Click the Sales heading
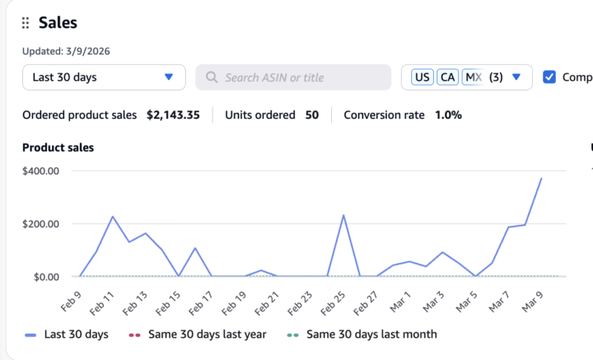(x=58, y=23)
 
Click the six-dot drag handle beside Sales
(x=26, y=23)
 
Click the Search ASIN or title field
(x=293, y=77)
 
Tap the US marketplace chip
(x=422, y=77)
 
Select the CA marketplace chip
(x=447, y=77)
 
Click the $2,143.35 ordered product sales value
(x=173, y=115)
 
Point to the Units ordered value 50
(x=312, y=115)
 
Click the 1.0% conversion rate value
(x=449, y=115)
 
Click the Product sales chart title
(x=58, y=147)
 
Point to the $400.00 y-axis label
(x=40, y=171)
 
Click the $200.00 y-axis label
(x=40, y=223)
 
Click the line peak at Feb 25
(x=343, y=216)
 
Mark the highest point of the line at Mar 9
(x=541, y=178)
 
